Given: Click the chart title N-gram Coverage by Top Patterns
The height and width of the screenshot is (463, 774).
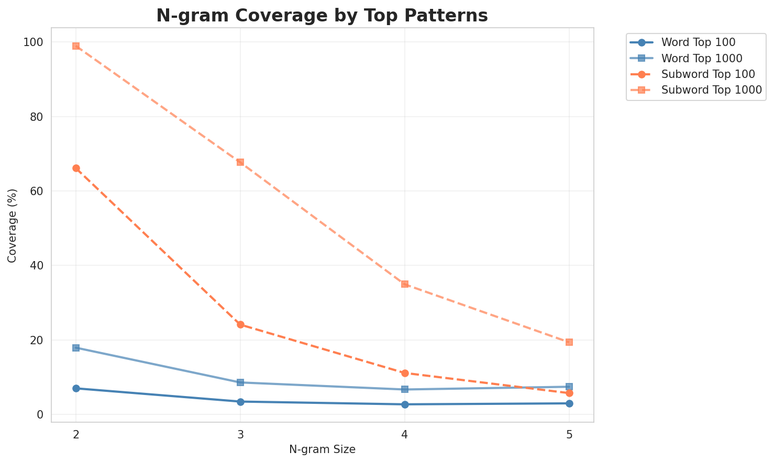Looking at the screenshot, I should (322, 16).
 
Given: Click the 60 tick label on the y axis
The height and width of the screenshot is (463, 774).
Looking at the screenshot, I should (39, 191).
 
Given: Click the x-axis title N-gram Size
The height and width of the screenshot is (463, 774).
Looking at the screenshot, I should (322, 449).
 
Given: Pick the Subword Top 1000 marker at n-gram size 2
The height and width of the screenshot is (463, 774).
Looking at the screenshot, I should (76, 46).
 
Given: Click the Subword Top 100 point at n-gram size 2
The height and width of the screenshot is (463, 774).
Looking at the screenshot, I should (76, 168).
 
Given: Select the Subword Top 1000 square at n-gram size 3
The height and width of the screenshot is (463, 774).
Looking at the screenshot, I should (240, 162).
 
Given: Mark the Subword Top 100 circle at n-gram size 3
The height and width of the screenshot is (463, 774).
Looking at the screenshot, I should (240, 325).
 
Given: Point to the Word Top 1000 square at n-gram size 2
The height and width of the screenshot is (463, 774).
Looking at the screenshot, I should (76, 348).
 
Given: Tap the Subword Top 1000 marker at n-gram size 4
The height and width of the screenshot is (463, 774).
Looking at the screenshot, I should (405, 284).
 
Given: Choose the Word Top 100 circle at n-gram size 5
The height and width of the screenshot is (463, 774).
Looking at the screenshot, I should (569, 403).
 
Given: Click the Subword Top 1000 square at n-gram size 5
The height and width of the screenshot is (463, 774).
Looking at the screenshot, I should (569, 342).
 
